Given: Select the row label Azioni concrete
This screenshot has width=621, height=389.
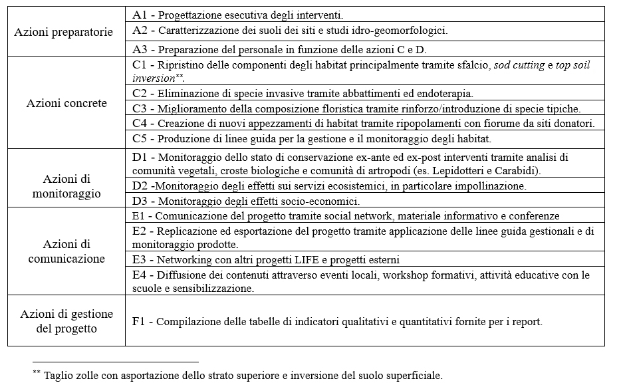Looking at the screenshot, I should click(x=66, y=103).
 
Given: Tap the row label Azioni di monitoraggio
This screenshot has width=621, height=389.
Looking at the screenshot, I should click(x=66, y=186).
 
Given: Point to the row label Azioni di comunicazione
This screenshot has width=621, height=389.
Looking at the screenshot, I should click(x=66, y=251).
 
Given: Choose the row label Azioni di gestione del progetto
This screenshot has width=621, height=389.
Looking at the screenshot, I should click(x=66, y=321).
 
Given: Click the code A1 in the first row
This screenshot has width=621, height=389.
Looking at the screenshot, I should click(x=140, y=14).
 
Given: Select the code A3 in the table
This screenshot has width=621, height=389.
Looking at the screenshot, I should click(x=140, y=49).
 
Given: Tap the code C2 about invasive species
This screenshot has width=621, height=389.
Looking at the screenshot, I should click(x=140, y=94).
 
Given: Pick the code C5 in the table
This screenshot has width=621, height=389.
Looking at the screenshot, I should click(x=140, y=139).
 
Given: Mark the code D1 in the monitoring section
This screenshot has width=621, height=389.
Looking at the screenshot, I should click(x=140, y=158).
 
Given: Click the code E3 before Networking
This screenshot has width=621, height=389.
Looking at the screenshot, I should click(x=140, y=259).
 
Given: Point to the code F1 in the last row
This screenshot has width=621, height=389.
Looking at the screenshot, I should click(x=139, y=321).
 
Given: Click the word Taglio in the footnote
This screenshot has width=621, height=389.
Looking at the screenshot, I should click(x=59, y=375).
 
